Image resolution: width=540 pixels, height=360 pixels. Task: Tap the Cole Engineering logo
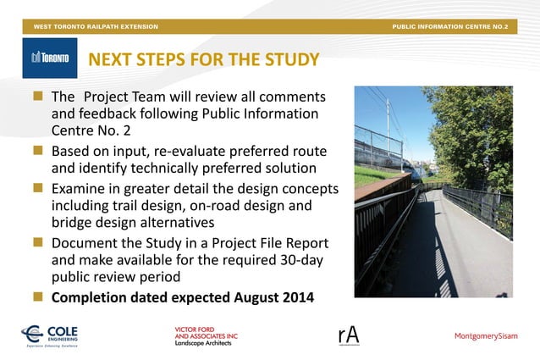pos(54,335)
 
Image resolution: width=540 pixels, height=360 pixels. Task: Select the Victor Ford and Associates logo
pos(206,335)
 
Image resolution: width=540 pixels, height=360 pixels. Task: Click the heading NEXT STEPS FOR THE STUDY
pos(204,59)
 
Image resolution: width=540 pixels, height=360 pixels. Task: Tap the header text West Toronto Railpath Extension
pos(96,27)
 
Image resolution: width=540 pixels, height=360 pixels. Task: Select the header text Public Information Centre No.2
pos(449,27)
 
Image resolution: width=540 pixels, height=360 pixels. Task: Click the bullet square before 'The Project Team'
pos(38,97)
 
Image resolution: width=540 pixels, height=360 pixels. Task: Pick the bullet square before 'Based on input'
pos(38,151)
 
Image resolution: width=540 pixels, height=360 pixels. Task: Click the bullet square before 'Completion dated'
pos(38,297)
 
